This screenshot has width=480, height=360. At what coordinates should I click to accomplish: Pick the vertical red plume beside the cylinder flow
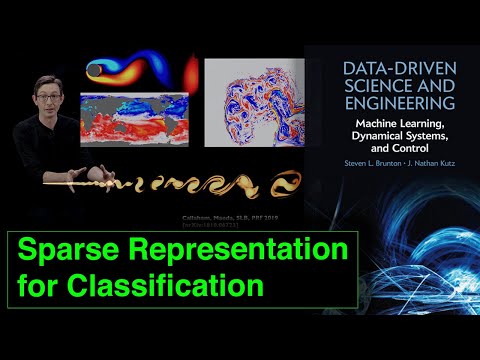tap(191, 73)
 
